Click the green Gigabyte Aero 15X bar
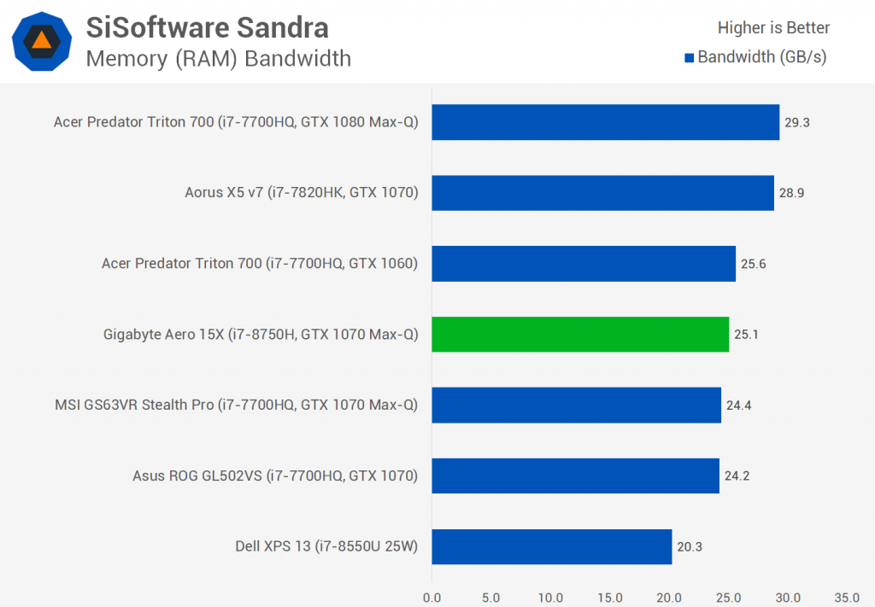[580, 334]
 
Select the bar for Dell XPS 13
[551, 546]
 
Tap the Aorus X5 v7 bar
[602, 193]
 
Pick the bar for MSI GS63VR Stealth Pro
[576, 405]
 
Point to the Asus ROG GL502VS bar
[575, 476]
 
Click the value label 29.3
[797, 122]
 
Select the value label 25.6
[753, 264]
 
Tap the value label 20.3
[690, 546]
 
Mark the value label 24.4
[738, 405]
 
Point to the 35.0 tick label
[847, 597]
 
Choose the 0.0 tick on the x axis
[432, 597]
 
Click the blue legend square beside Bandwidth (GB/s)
[689, 58]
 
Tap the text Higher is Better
[773, 27]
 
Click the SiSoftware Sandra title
[207, 27]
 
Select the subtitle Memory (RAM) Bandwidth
[218, 58]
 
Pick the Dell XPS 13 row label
[326, 546]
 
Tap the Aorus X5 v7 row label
[302, 193]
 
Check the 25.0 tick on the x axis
[728, 597]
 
